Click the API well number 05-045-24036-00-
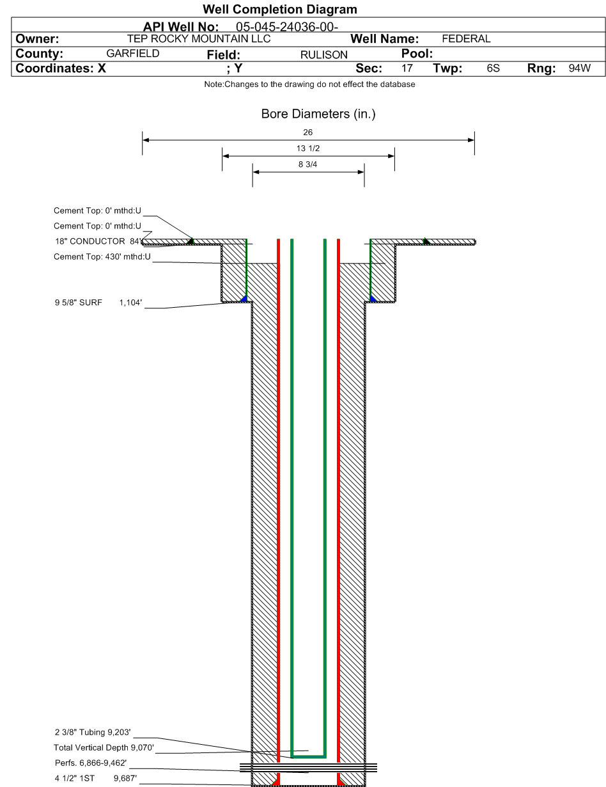click(287, 27)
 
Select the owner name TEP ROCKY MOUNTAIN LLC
click(199, 39)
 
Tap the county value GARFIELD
click(133, 54)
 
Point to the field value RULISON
click(324, 54)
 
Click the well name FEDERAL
click(466, 39)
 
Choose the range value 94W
click(580, 68)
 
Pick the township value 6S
click(493, 68)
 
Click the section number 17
click(407, 68)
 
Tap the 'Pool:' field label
click(417, 54)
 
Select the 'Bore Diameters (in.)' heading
click(318, 114)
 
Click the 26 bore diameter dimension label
click(308, 132)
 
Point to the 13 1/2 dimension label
click(308, 148)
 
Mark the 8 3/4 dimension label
click(308, 164)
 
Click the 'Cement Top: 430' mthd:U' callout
click(102, 257)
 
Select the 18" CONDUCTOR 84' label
click(98, 241)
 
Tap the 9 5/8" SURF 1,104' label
click(98, 303)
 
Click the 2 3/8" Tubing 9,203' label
click(93, 733)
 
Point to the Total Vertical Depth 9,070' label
click(104, 747)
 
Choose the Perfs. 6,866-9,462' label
click(91, 763)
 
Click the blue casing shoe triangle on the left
click(244, 298)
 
